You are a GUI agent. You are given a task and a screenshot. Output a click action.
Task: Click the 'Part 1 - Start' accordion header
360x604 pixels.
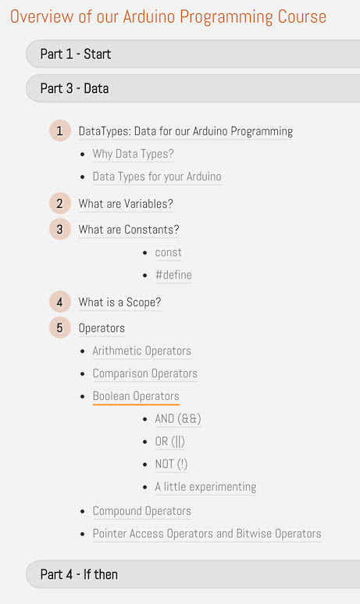pos(193,54)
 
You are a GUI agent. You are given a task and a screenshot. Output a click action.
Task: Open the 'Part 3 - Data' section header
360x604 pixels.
pos(193,88)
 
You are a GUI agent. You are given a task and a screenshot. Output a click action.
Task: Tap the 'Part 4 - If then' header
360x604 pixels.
pos(193,574)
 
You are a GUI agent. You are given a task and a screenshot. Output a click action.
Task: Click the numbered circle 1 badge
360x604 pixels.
pos(59,130)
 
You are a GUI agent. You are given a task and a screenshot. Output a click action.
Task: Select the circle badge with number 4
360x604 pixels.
pos(59,302)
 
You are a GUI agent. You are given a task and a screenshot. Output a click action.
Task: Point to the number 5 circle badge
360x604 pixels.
pos(59,328)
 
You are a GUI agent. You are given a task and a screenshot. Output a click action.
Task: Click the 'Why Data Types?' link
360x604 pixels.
pos(134,154)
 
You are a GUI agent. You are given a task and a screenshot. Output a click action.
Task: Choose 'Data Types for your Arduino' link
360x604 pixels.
pos(157,177)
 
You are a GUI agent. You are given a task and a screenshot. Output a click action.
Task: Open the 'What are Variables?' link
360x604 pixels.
pos(126,204)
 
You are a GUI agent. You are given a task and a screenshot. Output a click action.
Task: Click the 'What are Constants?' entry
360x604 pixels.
pos(129,230)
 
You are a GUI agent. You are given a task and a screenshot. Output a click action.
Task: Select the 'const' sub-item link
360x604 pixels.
pos(168,252)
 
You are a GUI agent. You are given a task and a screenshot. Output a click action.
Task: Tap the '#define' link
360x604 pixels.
pos(173,275)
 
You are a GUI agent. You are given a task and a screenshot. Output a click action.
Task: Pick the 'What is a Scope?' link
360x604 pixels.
pos(119,302)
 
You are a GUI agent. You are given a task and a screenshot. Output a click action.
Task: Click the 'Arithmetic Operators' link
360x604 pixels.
pos(142,351)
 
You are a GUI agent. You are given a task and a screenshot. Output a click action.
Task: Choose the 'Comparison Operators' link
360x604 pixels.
pos(145,373)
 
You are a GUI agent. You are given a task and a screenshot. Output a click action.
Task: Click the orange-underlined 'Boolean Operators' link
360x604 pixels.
pos(136,396)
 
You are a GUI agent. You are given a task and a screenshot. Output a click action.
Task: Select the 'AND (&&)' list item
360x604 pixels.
pos(178,419)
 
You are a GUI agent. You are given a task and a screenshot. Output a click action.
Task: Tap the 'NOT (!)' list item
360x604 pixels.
pos(171,464)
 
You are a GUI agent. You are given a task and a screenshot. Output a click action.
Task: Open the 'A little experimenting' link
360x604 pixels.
pos(205,487)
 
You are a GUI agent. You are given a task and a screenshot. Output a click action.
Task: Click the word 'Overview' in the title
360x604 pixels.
pos(41,16)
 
